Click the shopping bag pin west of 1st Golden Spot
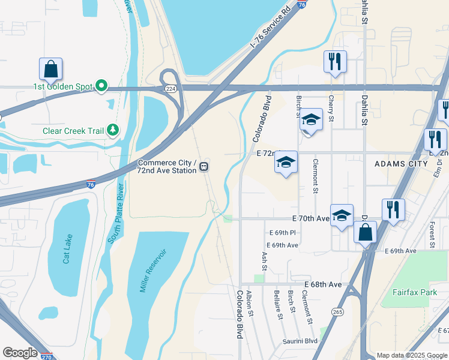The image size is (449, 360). [51, 69]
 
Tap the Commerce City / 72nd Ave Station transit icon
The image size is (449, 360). [205, 166]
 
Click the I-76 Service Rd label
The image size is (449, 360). [270, 27]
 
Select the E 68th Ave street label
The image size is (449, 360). [322, 284]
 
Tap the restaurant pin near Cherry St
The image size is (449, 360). [334, 62]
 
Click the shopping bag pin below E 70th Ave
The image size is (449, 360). [364, 231]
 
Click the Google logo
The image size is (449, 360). [19, 353]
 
